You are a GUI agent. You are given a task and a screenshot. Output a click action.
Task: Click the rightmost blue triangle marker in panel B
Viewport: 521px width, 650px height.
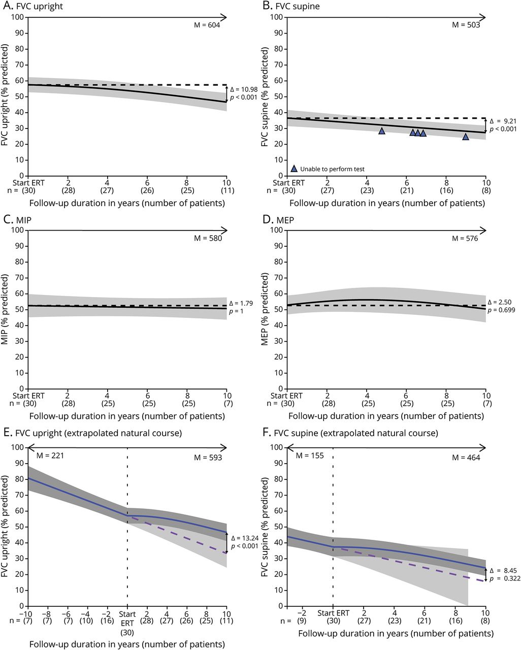click(466, 137)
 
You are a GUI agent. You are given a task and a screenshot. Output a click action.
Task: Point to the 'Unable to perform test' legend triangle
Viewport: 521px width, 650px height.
click(294, 169)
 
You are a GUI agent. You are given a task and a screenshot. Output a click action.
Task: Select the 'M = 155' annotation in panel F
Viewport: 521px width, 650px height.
click(310, 456)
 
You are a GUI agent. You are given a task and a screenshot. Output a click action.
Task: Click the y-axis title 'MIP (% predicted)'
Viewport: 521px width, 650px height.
click(6, 310)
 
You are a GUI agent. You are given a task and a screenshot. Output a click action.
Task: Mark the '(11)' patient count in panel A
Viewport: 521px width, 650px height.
click(226, 192)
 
